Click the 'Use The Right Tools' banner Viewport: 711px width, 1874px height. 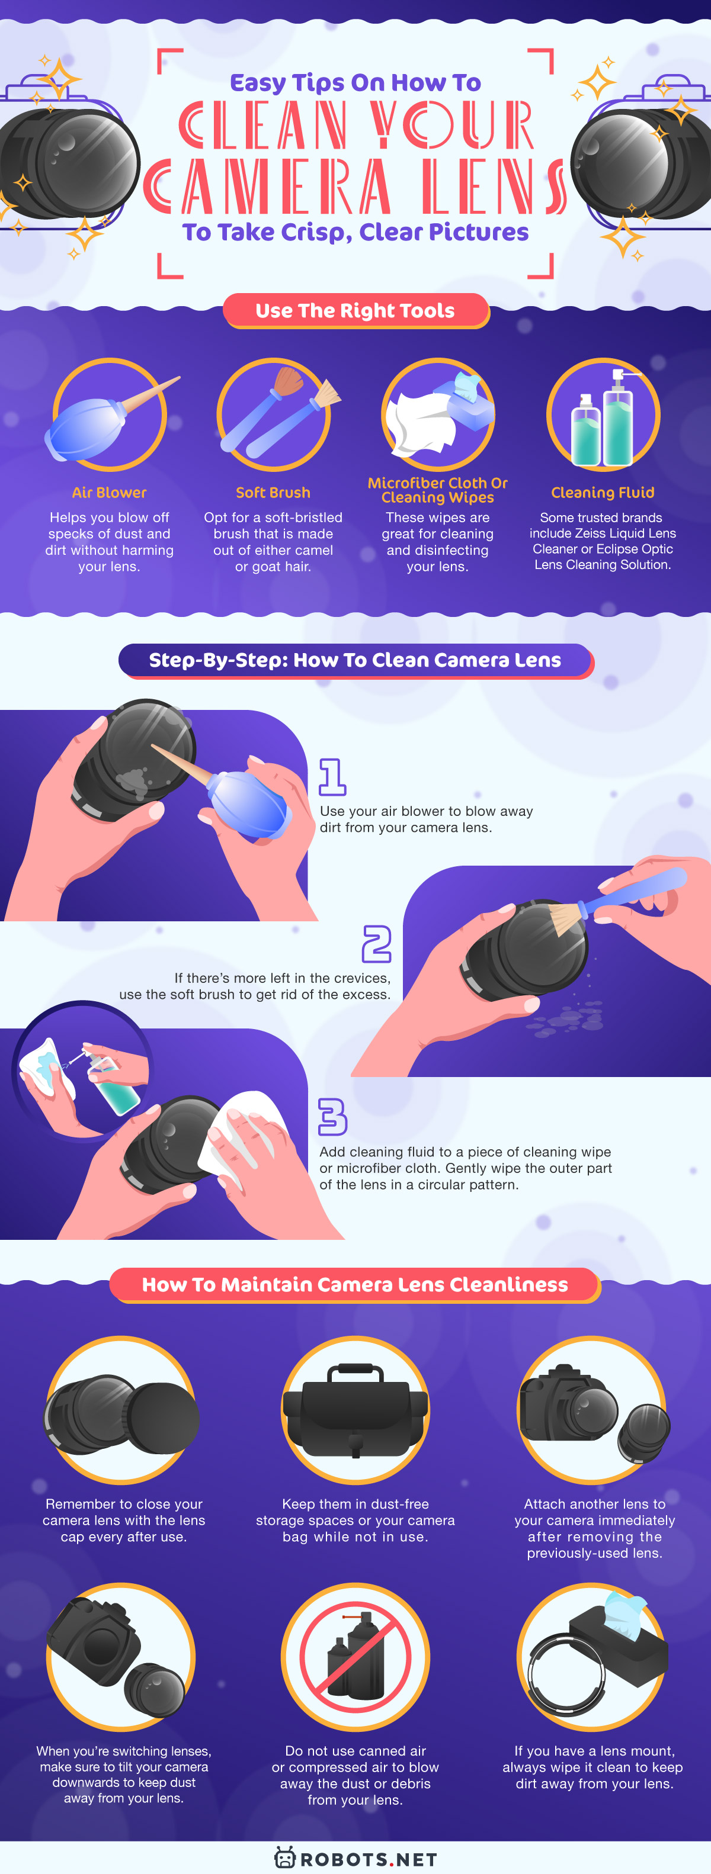coord(355,311)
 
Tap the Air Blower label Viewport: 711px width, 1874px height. coord(109,493)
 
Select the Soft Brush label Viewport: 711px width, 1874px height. coord(273,493)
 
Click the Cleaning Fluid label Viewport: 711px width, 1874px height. coord(603,493)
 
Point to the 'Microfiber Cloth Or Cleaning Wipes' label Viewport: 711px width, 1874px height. coord(437,490)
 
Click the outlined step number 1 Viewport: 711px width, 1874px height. coord(332,776)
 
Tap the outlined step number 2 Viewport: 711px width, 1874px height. coord(376,944)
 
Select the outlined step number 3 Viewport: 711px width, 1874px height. coord(332,1116)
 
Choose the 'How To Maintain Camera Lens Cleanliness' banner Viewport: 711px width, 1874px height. coord(355,1284)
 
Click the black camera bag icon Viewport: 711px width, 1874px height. coord(355,1412)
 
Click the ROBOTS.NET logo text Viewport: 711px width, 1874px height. coord(368,1859)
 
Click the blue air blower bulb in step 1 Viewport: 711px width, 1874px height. coord(248,804)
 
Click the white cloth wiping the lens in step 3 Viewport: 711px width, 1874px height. coord(244,1132)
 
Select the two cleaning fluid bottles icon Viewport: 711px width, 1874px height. coord(603,422)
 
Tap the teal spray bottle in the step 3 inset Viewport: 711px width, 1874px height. coord(115,1088)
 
